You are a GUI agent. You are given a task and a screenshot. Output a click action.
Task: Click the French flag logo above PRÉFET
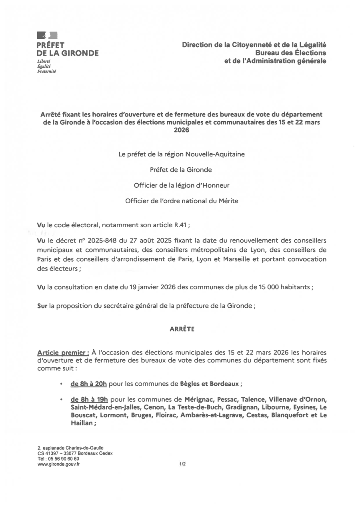[47, 36]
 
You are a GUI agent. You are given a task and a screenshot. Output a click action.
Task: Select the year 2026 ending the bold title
[181, 130]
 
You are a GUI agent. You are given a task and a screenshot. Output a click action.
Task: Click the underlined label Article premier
[63, 353]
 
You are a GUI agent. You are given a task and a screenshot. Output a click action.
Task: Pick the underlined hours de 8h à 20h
[88, 384]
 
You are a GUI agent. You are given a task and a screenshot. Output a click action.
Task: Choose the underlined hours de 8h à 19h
[88, 399]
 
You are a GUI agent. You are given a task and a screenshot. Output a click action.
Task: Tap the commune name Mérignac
[199, 399]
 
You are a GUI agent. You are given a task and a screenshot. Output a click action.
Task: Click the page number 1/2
[182, 464]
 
